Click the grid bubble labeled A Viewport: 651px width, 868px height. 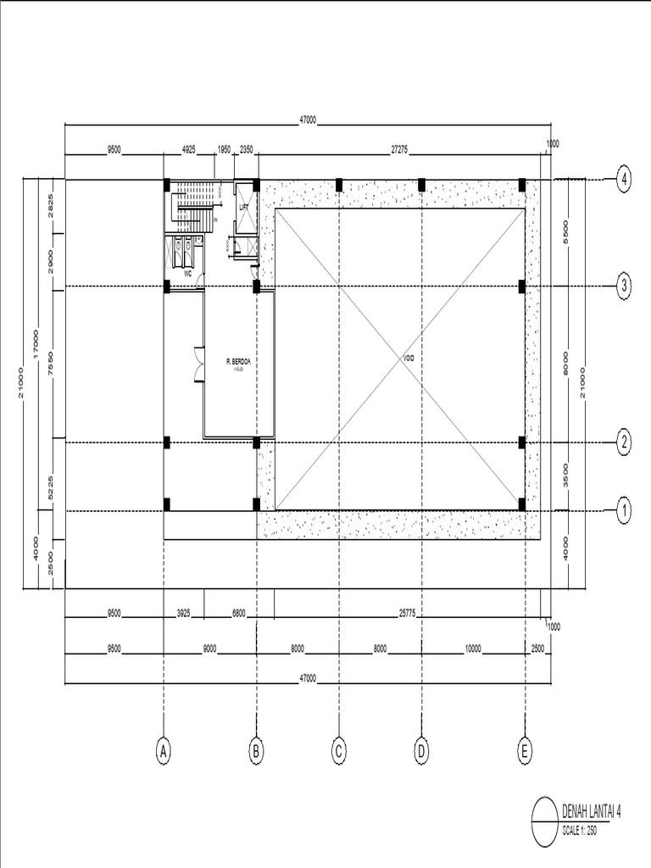[164, 750]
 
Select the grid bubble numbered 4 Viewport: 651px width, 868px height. [624, 180]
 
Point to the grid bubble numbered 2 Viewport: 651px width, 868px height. [624, 442]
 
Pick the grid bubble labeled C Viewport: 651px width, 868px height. [338, 750]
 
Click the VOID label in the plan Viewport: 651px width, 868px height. [409, 359]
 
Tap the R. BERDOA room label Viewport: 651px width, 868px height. [239, 362]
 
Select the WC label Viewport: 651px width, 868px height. [187, 275]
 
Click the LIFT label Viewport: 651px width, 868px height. [244, 206]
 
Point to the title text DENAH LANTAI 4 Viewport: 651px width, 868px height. [593, 811]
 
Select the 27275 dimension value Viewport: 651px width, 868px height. [399, 149]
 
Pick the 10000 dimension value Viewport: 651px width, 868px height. [472, 648]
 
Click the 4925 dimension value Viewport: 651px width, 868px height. [188, 149]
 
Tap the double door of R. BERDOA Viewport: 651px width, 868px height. [198, 363]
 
